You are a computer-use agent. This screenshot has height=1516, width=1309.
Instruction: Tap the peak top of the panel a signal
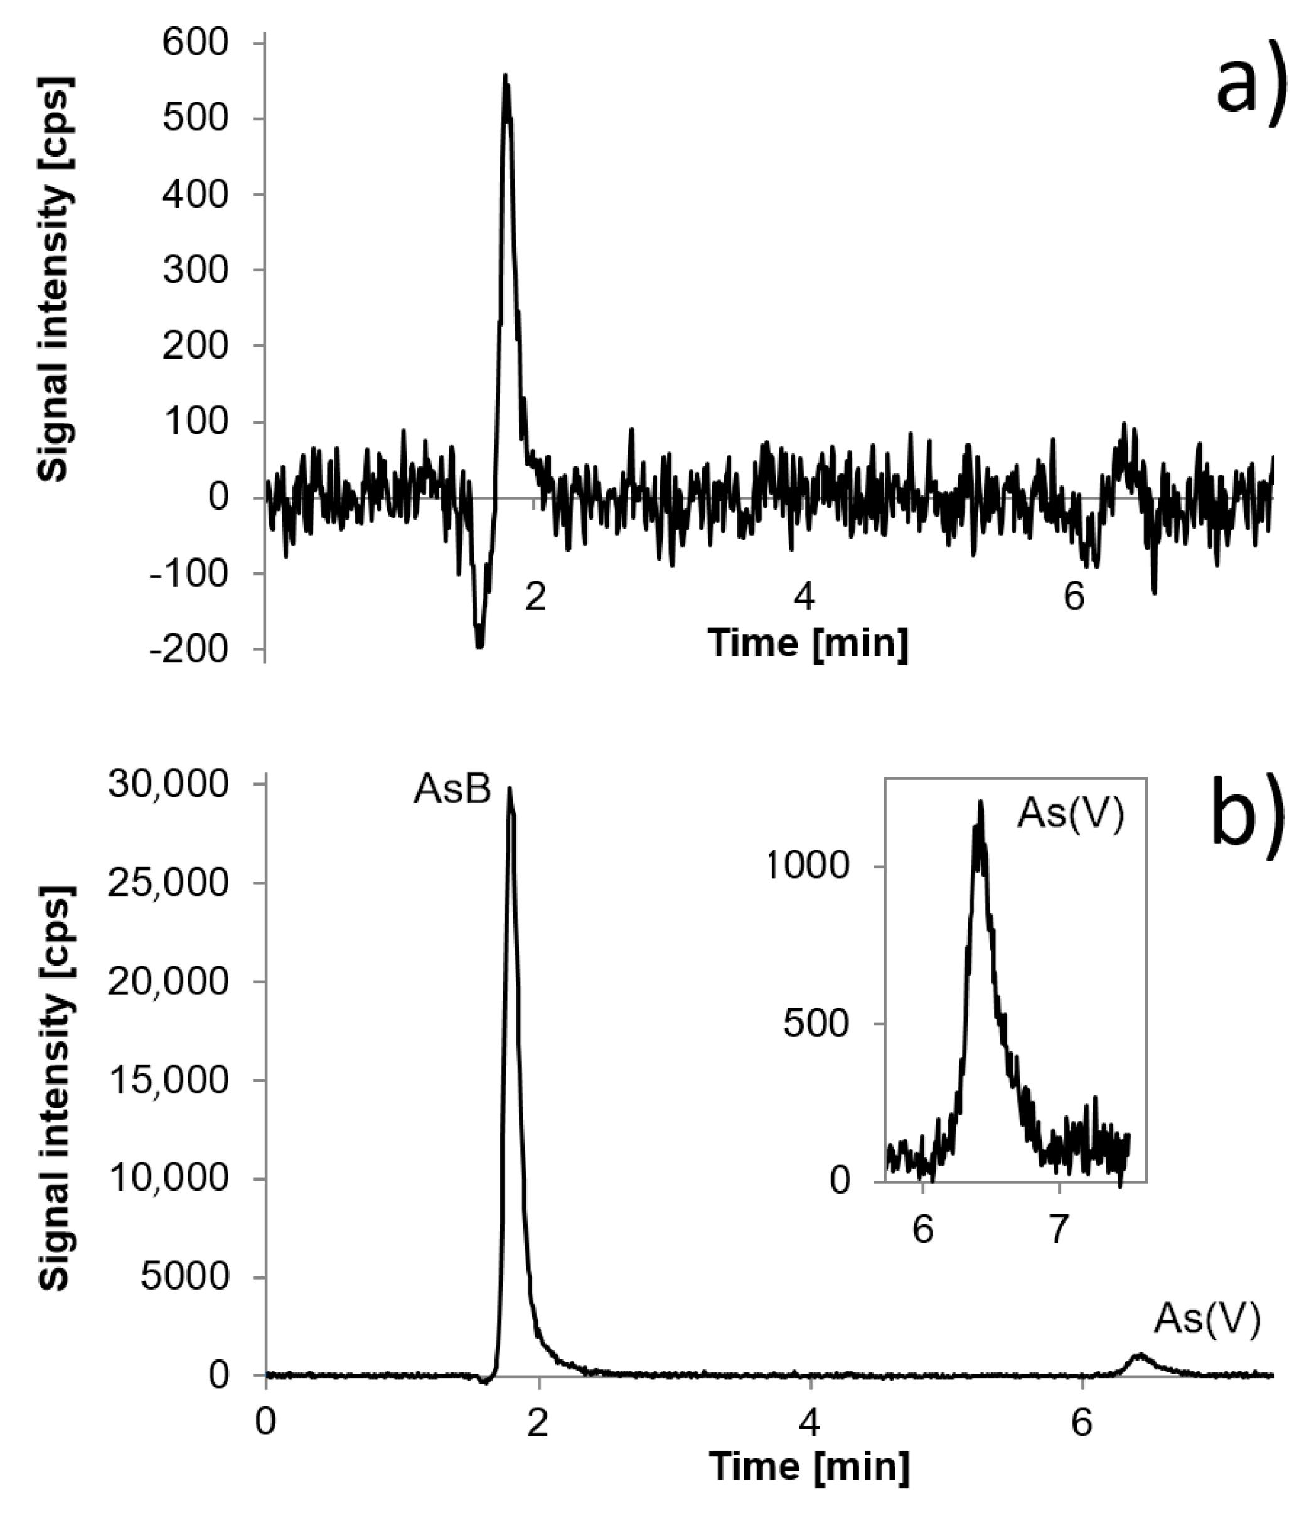coord(505,76)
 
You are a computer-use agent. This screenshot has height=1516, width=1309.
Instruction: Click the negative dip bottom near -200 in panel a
coord(479,645)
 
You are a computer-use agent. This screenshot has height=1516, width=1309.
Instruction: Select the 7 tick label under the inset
coord(1059,1231)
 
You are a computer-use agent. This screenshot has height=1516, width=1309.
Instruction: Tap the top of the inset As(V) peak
coord(980,803)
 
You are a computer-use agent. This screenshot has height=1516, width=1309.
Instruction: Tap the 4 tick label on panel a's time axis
coord(804,597)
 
